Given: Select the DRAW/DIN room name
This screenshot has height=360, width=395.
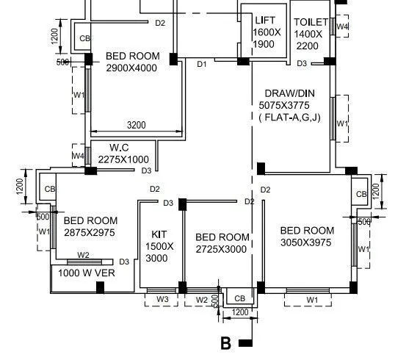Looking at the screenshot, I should point(294,93).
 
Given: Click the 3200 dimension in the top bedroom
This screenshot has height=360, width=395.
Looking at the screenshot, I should point(136,125).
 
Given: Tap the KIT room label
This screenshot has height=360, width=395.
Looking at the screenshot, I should point(159,235).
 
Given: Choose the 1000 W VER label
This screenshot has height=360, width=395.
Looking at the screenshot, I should point(87,273).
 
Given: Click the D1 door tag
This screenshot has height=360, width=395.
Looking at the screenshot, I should point(202,65).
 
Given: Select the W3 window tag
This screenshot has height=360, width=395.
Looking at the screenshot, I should point(162,300).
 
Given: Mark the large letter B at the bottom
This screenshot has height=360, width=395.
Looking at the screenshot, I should point(225,343).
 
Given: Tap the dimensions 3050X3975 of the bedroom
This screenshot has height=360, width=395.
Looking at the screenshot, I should point(306,242).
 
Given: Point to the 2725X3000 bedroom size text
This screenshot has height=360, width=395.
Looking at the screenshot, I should point(222,249).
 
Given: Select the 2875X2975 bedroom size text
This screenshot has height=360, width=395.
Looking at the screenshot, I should point(89,232).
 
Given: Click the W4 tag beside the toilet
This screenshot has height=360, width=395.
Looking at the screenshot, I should point(341,27).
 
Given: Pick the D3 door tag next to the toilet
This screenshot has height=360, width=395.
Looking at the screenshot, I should point(302,64).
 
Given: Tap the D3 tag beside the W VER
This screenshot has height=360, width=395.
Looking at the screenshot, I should point(124,262).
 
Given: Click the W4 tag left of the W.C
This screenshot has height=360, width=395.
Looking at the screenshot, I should point(78,156).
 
